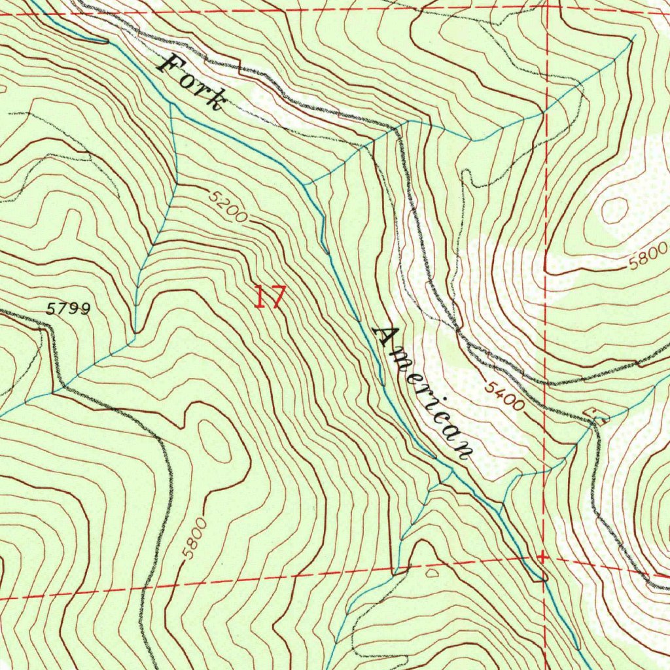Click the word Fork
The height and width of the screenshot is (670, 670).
point(194,82)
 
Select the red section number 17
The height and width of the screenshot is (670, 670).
point(270,296)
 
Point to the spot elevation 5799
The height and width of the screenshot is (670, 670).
point(69,308)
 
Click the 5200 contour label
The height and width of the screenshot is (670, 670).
point(229,205)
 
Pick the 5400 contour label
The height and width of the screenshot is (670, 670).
point(504,397)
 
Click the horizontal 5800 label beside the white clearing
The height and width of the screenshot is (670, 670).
point(648,256)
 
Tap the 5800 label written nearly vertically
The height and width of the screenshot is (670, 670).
point(194,538)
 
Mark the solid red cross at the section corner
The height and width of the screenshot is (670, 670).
point(542,557)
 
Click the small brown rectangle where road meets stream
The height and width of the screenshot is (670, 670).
point(598,415)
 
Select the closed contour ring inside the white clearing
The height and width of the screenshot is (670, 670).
point(614,209)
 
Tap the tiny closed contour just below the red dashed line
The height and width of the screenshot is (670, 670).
point(432,573)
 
